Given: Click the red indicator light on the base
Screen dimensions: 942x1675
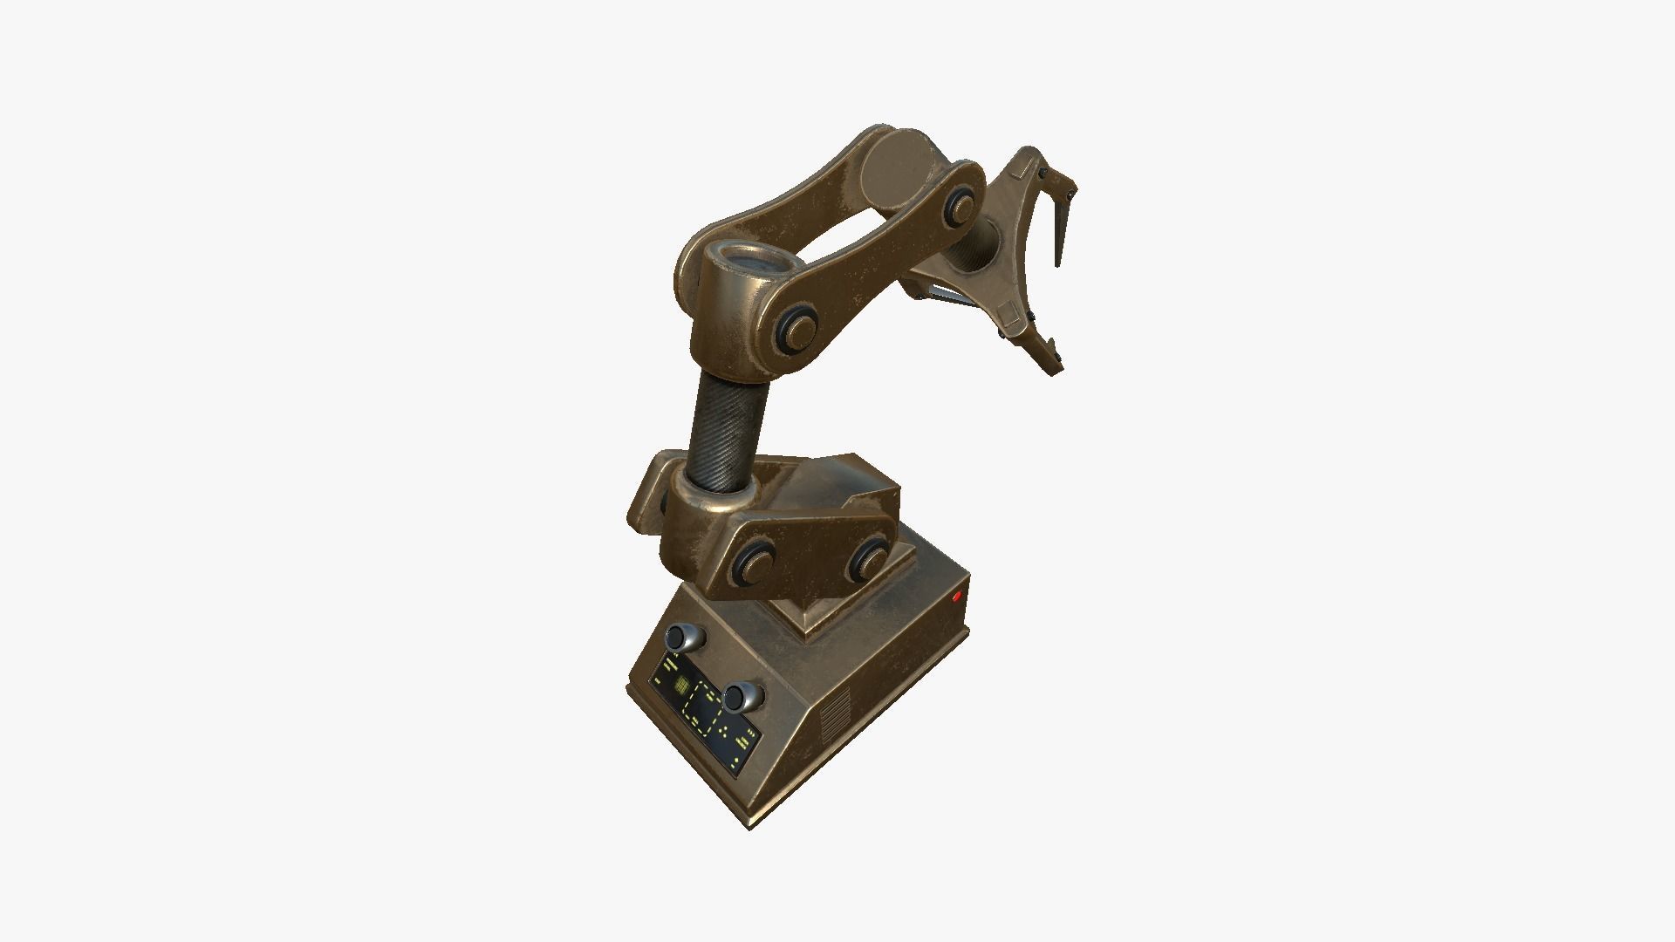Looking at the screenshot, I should (957, 597).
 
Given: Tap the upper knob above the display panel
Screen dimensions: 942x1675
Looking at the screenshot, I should (687, 638).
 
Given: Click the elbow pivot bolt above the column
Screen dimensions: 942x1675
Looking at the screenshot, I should (799, 330).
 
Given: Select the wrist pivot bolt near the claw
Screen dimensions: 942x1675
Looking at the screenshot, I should (961, 206).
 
